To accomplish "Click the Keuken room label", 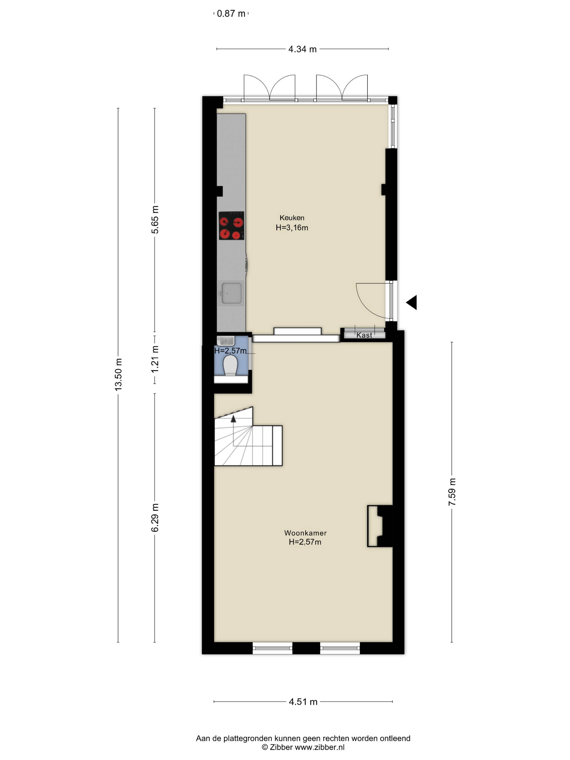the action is (292, 217).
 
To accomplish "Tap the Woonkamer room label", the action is (305, 533).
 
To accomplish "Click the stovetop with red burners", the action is (231, 225).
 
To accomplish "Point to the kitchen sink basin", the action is (231, 293).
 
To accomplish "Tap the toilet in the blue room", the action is (230, 365).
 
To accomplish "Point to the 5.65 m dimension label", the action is (155, 220).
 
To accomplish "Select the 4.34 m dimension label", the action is (302, 49).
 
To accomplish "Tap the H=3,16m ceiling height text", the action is (292, 227).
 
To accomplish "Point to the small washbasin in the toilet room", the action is (226, 341).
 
